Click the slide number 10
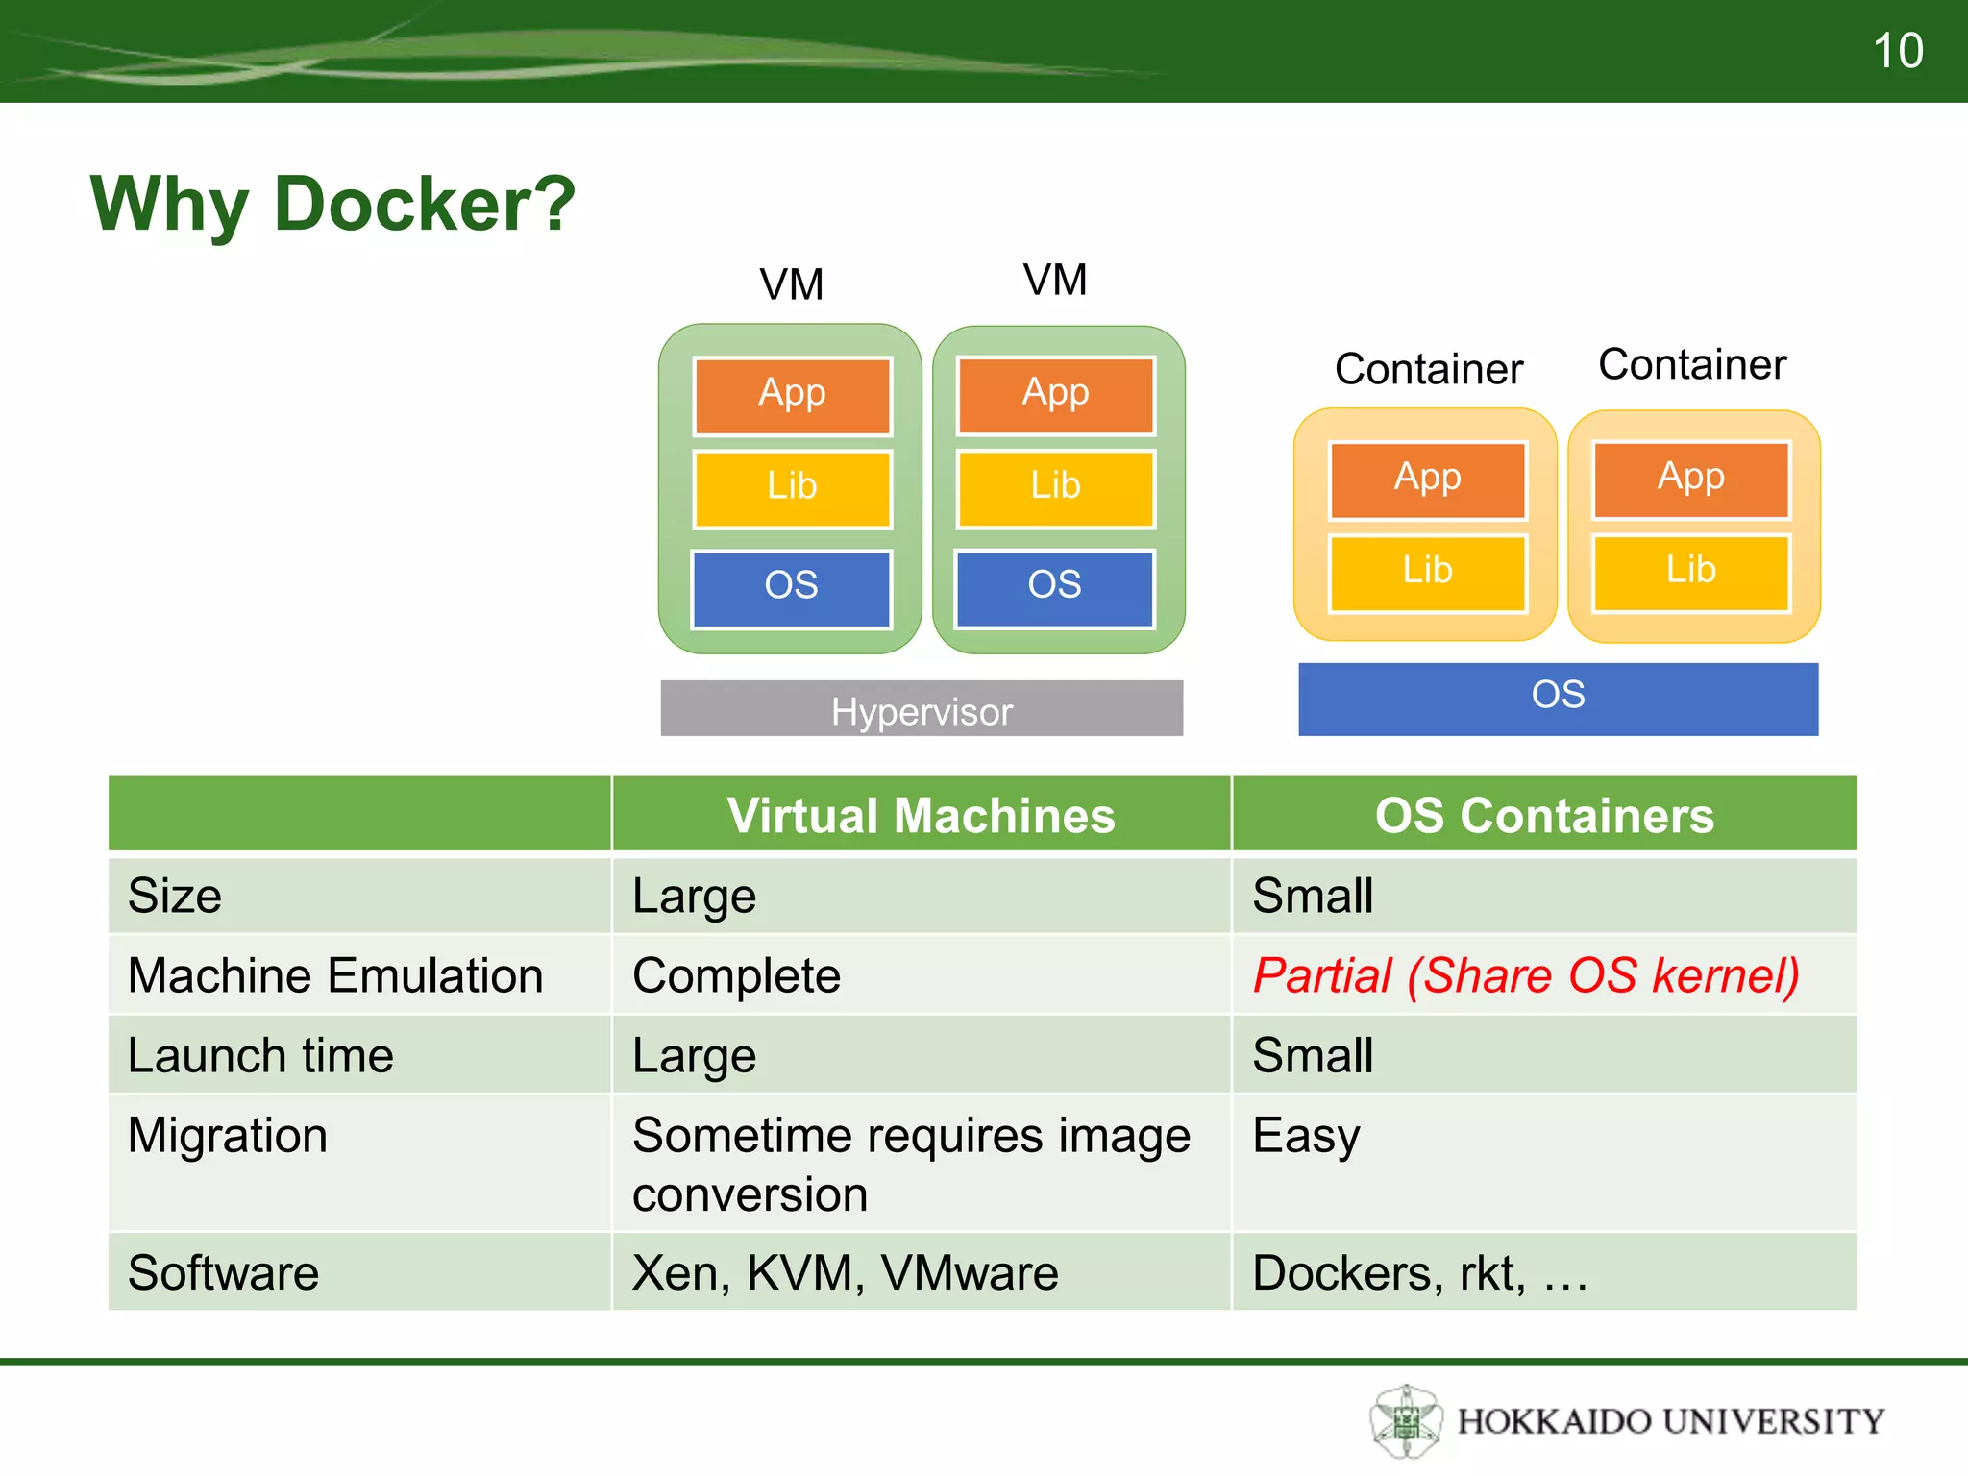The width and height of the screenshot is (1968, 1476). click(1897, 51)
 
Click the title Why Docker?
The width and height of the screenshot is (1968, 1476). click(332, 204)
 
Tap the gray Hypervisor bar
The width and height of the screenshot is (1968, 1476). click(922, 709)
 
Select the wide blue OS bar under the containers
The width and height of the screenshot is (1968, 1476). click(1558, 699)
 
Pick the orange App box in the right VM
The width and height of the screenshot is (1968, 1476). click(1055, 395)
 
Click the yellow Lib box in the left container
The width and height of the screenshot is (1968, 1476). click(1427, 573)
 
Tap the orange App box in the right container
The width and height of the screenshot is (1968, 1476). click(1691, 479)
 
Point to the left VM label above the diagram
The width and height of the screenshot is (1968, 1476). click(792, 284)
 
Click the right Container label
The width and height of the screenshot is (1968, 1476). click(1692, 365)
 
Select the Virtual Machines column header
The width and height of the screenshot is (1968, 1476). click(921, 815)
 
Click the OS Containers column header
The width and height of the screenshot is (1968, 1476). click(1544, 815)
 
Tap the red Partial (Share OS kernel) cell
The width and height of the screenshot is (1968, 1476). click(1526, 975)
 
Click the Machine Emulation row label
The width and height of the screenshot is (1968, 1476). click(335, 975)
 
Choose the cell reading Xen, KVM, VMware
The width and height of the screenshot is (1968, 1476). click(846, 1272)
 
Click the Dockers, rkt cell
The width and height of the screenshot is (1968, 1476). click(1420, 1272)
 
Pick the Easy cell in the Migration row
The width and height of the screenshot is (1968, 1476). click(1307, 1136)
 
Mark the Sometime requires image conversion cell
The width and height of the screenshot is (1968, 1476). click(911, 1164)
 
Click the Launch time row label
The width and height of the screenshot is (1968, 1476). click(260, 1055)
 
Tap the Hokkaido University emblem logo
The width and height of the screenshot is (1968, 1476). click(1406, 1420)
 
